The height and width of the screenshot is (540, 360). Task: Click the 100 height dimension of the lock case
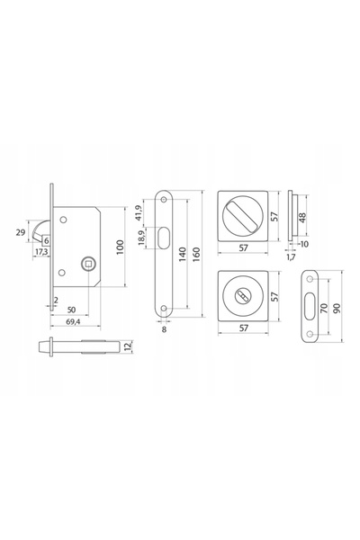click(x=120, y=247)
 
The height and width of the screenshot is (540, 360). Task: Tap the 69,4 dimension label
click(x=72, y=321)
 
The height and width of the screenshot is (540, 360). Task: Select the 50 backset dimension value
click(x=71, y=310)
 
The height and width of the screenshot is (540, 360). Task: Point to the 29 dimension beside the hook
click(x=21, y=232)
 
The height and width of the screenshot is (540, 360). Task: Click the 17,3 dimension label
click(x=41, y=252)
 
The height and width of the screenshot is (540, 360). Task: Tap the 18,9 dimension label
click(x=141, y=238)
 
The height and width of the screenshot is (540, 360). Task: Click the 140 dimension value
click(x=183, y=254)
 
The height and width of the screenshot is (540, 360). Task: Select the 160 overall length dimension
click(x=196, y=254)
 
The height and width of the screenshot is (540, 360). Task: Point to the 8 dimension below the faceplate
click(x=164, y=329)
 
